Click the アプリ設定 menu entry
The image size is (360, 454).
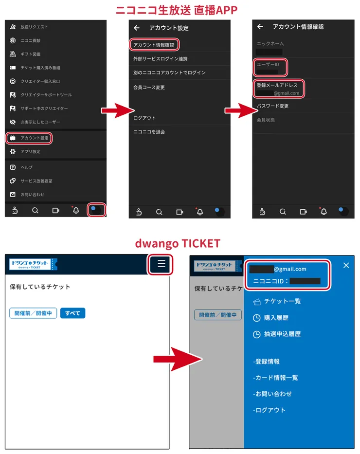point(30,152)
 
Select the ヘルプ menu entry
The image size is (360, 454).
point(26,167)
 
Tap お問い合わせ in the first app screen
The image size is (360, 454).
point(32,195)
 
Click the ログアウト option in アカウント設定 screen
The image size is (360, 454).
point(144,118)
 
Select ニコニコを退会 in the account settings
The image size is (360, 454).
point(149,132)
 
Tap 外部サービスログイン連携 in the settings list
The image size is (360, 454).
point(160,59)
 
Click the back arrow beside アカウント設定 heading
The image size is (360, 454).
point(137,28)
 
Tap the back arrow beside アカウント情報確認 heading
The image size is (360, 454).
point(260,27)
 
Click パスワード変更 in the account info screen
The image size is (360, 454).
point(272,106)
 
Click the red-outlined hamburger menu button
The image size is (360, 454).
point(162,264)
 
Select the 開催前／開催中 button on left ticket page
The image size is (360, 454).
point(33,313)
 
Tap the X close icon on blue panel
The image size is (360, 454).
point(346,265)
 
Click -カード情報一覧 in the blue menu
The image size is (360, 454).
point(276,378)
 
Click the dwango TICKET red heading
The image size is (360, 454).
point(178,243)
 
